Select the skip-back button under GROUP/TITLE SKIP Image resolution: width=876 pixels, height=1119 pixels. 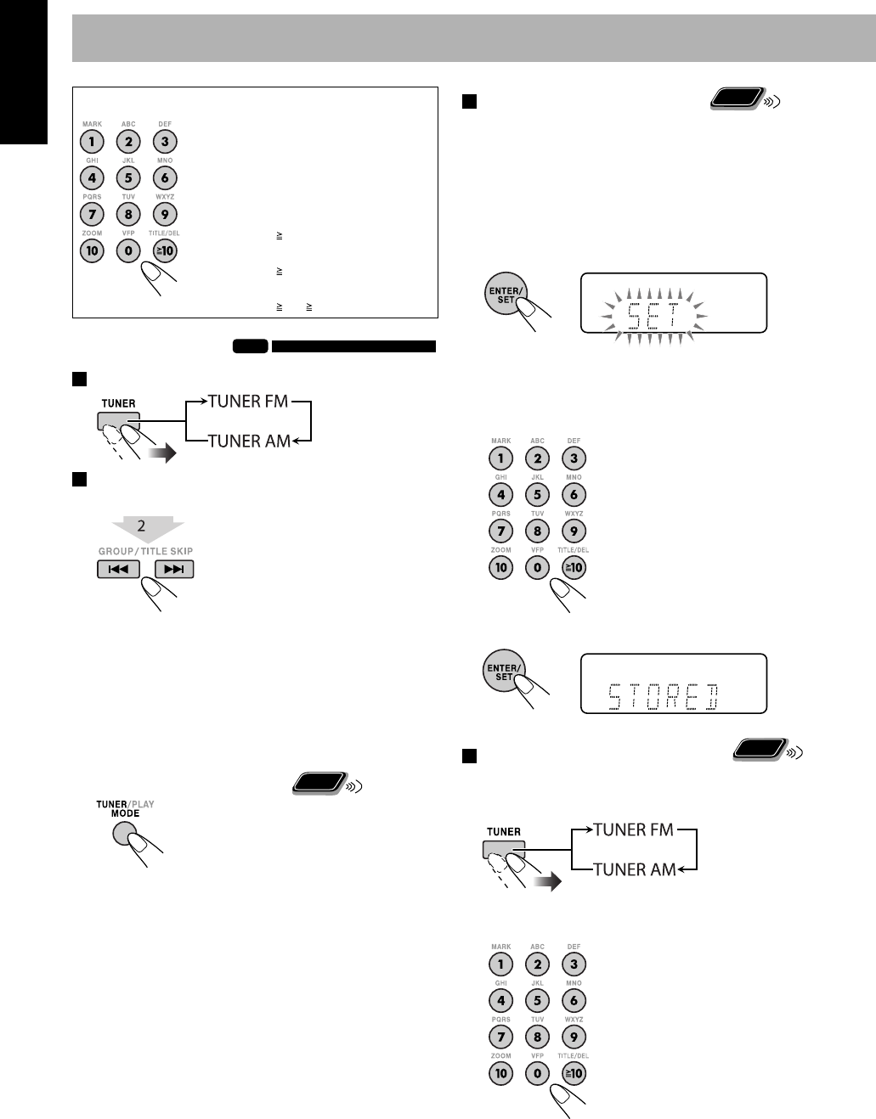[x=118, y=569]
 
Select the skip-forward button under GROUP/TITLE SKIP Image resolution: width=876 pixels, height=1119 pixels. [x=173, y=569]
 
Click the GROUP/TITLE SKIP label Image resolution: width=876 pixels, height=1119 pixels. [x=145, y=551]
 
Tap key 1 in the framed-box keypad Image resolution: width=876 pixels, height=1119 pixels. [x=92, y=142]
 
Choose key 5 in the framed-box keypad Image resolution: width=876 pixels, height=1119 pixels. [x=128, y=178]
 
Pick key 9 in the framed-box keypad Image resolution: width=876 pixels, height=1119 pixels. [x=165, y=214]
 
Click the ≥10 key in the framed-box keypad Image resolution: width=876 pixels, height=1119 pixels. [x=165, y=250]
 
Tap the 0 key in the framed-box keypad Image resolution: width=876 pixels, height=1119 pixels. [x=128, y=250]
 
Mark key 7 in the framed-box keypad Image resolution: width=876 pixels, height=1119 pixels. [x=92, y=214]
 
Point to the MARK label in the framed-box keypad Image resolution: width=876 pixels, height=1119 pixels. [x=92, y=124]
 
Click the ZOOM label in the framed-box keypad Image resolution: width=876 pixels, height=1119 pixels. [x=92, y=233]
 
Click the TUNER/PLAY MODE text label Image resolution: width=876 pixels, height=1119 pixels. [x=125, y=807]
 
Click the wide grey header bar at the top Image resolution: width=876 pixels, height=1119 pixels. [x=473, y=37]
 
